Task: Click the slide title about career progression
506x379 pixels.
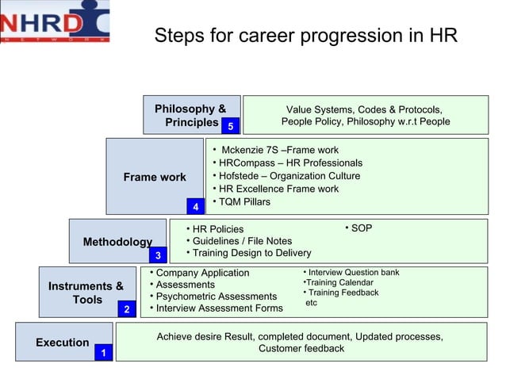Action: (305, 36)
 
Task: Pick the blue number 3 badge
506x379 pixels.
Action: (158, 255)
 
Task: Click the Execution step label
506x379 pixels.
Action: (62, 343)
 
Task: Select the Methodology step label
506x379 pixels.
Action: (117, 242)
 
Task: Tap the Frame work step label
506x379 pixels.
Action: (155, 177)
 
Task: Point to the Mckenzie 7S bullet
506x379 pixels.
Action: (278, 150)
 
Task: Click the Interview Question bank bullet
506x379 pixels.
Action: (351, 273)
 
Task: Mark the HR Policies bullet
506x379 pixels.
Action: (215, 230)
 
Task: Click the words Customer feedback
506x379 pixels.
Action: (301, 349)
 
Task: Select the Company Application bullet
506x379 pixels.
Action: (201, 273)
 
